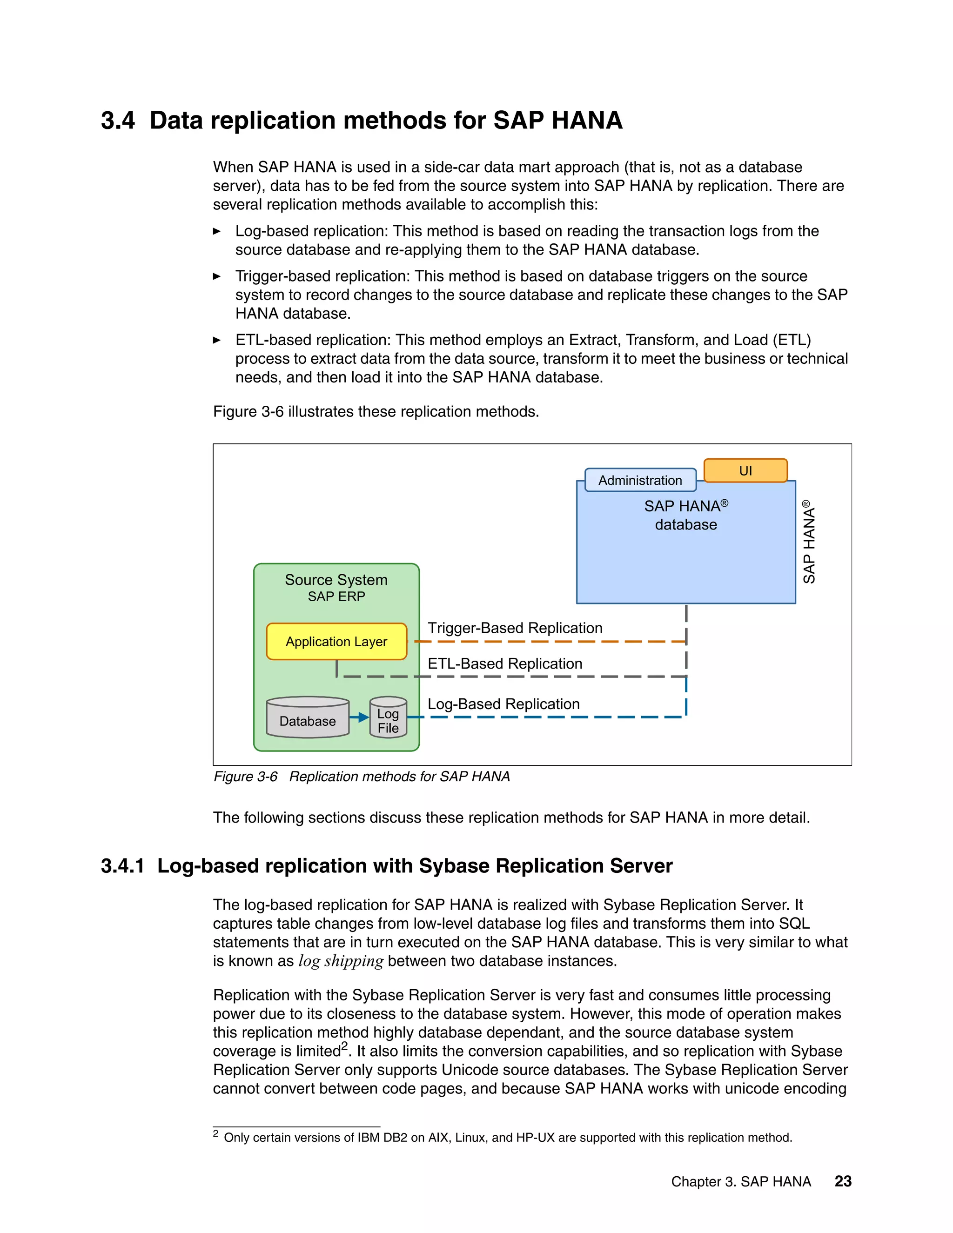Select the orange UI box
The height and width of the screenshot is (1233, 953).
[x=745, y=470]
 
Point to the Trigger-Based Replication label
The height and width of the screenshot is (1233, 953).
[x=515, y=628]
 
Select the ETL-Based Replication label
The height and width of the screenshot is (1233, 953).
[x=505, y=663]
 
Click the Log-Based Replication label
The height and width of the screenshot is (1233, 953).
[x=503, y=704]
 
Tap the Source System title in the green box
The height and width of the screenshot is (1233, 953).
[x=336, y=580]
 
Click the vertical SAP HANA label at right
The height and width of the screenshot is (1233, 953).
[x=809, y=542]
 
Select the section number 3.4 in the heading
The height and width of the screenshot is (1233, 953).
[x=118, y=121]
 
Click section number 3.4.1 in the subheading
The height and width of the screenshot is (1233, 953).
[x=122, y=866]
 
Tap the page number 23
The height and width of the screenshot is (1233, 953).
[x=843, y=1181]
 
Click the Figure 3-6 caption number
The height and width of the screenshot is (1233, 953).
[x=246, y=777]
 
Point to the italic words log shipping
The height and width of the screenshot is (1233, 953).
[x=341, y=961]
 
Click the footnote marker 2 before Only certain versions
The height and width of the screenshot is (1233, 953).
[x=215, y=1133]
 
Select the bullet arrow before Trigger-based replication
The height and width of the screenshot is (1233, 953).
[x=217, y=277]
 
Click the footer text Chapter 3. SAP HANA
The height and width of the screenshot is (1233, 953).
[x=741, y=1182]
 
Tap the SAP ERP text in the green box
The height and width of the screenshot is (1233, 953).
[x=336, y=596]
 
